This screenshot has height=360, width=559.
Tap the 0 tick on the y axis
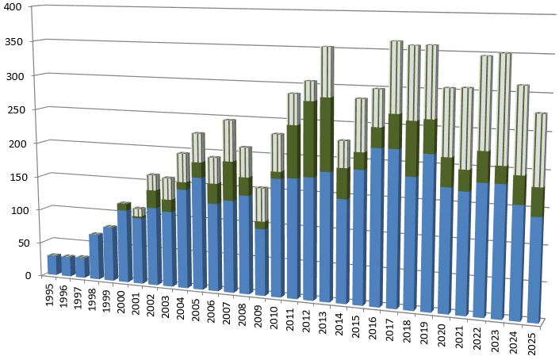tap(27, 275)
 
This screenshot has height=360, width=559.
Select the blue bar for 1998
tap(95, 256)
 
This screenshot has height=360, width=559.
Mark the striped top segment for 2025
tap(537, 150)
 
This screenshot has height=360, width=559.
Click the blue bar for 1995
tap(53, 265)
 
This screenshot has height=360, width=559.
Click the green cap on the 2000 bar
tap(124, 206)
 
